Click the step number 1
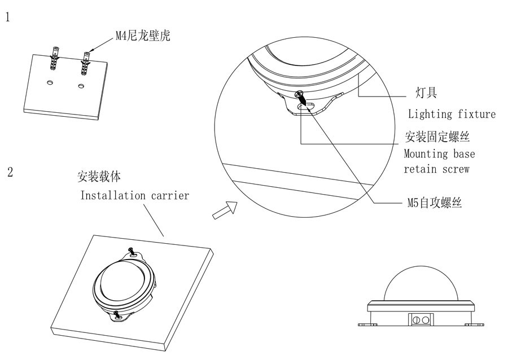click(x=8, y=17)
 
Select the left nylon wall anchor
click(x=55, y=59)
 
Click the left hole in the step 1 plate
click(x=50, y=83)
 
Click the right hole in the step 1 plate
click(x=82, y=86)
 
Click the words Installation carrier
click(x=134, y=196)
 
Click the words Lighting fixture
click(x=452, y=114)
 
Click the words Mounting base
click(x=439, y=153)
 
